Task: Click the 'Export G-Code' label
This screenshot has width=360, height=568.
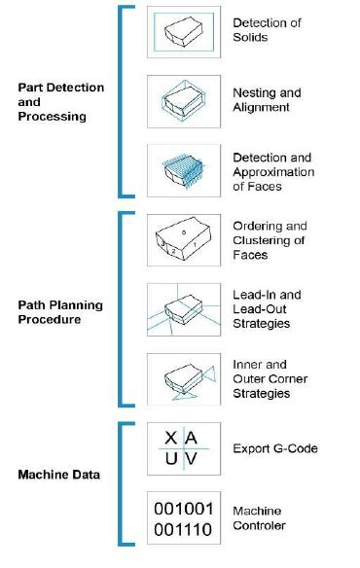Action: (274, 449)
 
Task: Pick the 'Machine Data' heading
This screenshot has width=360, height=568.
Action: (56, 475)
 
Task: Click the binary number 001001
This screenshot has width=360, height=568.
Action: (182, 508)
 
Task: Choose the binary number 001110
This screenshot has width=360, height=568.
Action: (182, 530)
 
